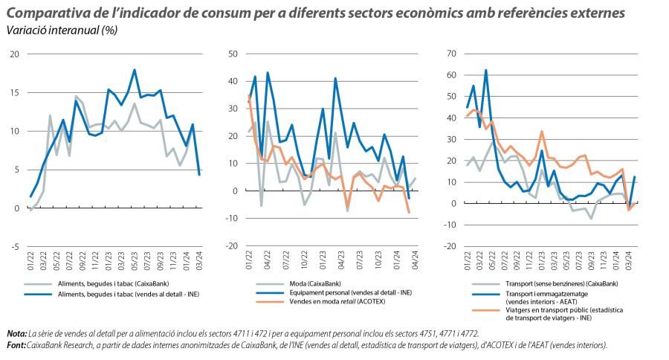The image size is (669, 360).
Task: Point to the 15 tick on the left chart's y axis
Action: coord(14,93)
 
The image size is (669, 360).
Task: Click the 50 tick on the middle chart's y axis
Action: coord(232,54)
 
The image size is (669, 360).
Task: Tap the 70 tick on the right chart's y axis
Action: coord(450,54)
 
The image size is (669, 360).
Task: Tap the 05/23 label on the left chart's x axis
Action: coord(135,260)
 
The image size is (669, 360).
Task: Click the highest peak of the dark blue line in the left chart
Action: coord(135,70)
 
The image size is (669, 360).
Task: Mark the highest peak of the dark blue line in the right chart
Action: coord(486,71)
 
